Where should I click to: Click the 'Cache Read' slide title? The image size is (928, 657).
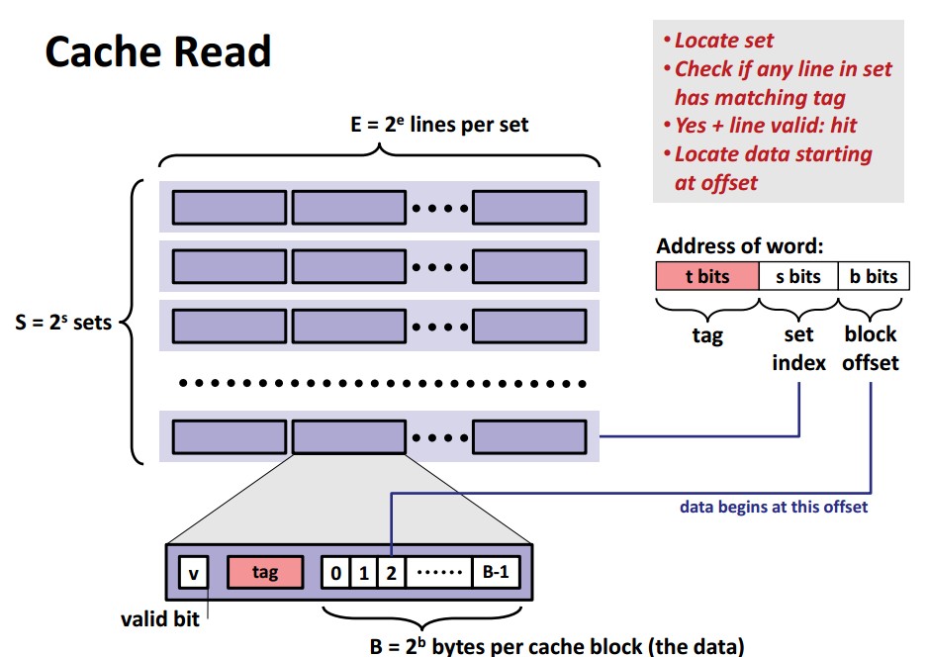pyautogui.click(x=158, y=51)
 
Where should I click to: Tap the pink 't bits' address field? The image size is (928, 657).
pyautogui.click(x=706, y=276)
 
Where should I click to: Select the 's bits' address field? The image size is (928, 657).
pyautogui.click(x=797, y=276)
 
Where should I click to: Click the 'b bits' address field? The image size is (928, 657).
pyautogui.click(x=874, y=276)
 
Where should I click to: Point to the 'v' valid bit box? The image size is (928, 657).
pyautogui.click(x=193, y=572)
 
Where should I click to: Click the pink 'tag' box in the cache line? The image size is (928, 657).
pyautogui.click(x=265, y=572)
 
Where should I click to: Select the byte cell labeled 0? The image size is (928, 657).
pyautogui.click(x=336, y=572)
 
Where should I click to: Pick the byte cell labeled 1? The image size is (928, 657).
pyautogui.click(x=363, y=572)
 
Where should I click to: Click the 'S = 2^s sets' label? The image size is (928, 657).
pyautogui.click(x=66, y=323)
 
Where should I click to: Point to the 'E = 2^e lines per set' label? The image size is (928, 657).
pyautogui.click(x=434, y=125)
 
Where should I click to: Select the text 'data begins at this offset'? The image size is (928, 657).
pyautogui.click(x=774, y=508)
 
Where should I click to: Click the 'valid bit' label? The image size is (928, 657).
pyautogui.click(x=159, y=619)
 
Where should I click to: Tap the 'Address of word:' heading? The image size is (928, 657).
pyautogui.click(x=739, y=246)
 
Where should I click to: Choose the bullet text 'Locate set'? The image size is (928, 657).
pyautogui.click(x=724, y=41)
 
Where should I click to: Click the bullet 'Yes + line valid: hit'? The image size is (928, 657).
pyautogui.click(x=765, y=126)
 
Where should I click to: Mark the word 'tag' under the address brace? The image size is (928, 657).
pyautogui.click(x=706, y=335)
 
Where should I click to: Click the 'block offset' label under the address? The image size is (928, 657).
pyautogui.click(x=871, y=348)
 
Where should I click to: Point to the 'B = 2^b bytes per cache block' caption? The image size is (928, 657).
pyautogui.click(x=556, y=647)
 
